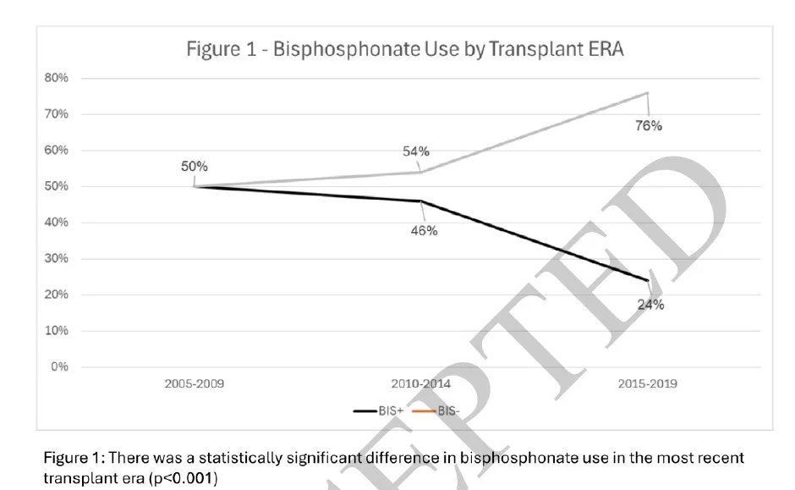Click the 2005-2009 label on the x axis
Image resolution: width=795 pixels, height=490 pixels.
pyautogui.click(x=195, y=383)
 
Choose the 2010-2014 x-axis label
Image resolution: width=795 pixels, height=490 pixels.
pyautogui.click(x=420, y=383)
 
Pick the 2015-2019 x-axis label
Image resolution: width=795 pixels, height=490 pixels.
pyautogui.click(x=647, y=383)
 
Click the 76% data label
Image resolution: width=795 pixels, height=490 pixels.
pyautogui.click(x=650, y=126)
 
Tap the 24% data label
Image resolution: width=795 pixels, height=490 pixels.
pyautogui.click(x=650, y=306)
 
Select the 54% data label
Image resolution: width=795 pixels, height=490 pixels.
pyautogui.click(x=416, y=151)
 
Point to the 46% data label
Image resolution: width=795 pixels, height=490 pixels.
pyautogui.click(x=424, y=231)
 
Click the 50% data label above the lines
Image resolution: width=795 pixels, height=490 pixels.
pyautogui.click(x=194, y=166)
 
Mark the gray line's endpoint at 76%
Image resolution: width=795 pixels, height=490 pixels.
pyautogui.click(x=648, y=92)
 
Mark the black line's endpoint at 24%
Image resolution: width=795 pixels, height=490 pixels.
pyautogui.click(x=648, y=280)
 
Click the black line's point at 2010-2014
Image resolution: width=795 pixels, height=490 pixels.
pyautogui.click(x=421, y=201)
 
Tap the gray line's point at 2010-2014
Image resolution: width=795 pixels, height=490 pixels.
pyautogui.click(x=421, y=172)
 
